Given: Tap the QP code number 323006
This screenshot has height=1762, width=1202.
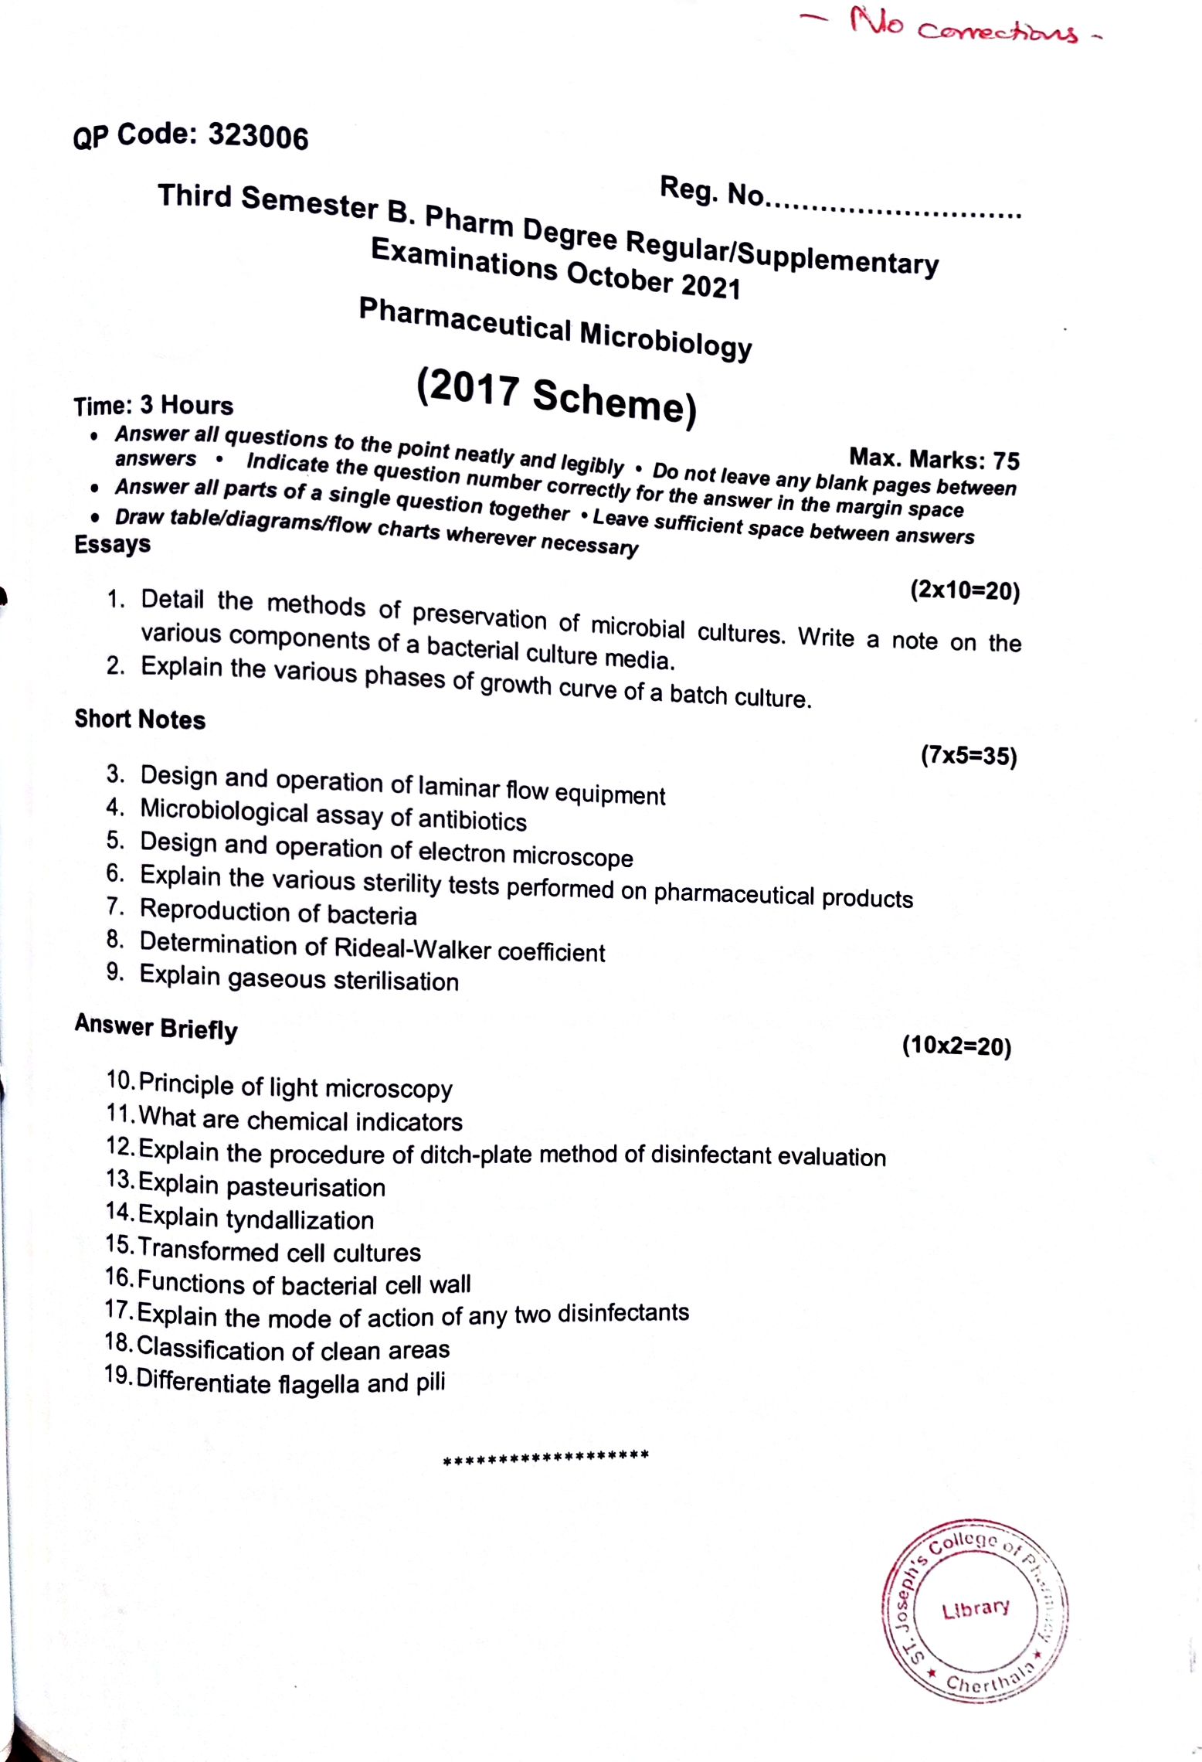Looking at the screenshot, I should pyautogui.click(x=258, y=138).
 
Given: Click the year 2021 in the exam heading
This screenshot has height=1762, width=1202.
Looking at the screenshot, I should pyautogui.click(x=710, y=287).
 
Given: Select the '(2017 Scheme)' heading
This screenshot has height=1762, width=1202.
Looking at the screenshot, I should pyautogui.click(x=556, y=396).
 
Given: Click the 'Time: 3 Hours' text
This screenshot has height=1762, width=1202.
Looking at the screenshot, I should pyautogui.click(x=153, y=406).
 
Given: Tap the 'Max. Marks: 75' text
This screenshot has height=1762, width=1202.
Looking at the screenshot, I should pyautogui.click(x=934, y=459).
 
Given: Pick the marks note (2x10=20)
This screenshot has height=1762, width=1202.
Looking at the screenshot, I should pyautogui.click(x=965, y=590).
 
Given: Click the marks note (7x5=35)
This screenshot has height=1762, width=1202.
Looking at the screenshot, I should pyautogui.click(x=968, y=755).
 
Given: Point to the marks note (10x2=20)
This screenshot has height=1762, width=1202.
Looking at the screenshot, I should pyautogui.click(x=956, y=1046).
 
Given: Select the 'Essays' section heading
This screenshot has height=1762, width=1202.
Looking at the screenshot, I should pyautogui.click(x=112, y=544).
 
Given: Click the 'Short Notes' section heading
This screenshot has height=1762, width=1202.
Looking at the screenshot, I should pyautogui.click(x=140, y=719).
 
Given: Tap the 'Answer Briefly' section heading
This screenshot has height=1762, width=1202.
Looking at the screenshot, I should pyautogui.click(x=156, y=1027).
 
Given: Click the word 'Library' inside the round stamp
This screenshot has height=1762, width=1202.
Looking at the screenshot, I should pyautogui.click(x=975, y=1609).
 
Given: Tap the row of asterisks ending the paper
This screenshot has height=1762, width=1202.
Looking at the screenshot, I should pyautogui.click(x=546, y=1456).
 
